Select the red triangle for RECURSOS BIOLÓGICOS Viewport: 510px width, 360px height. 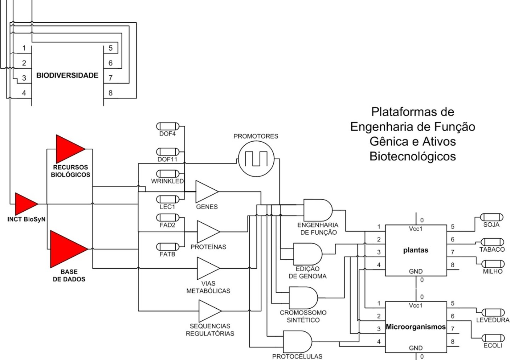click(69, 148)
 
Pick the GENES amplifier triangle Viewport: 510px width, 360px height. click(206, 191)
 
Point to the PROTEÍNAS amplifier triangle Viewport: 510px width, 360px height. click(208, 232)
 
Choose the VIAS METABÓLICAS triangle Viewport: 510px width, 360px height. click(208, 268)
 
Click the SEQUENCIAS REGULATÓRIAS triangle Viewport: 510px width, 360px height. click(209, 311)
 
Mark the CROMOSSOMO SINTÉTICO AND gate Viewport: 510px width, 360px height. click(303, 298)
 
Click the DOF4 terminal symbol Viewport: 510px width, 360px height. click(168, 126)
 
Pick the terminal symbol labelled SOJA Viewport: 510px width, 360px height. click(491, 217)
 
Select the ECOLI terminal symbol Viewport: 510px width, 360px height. click(493, 338)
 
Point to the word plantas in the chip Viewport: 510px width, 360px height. click(415, 250)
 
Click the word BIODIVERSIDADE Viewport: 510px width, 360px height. click(67, 75)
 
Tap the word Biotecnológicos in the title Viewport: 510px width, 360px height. click(413, 156)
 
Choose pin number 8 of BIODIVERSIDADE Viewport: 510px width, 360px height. click(110, 93)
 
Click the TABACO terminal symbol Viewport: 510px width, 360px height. click(492, 242)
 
